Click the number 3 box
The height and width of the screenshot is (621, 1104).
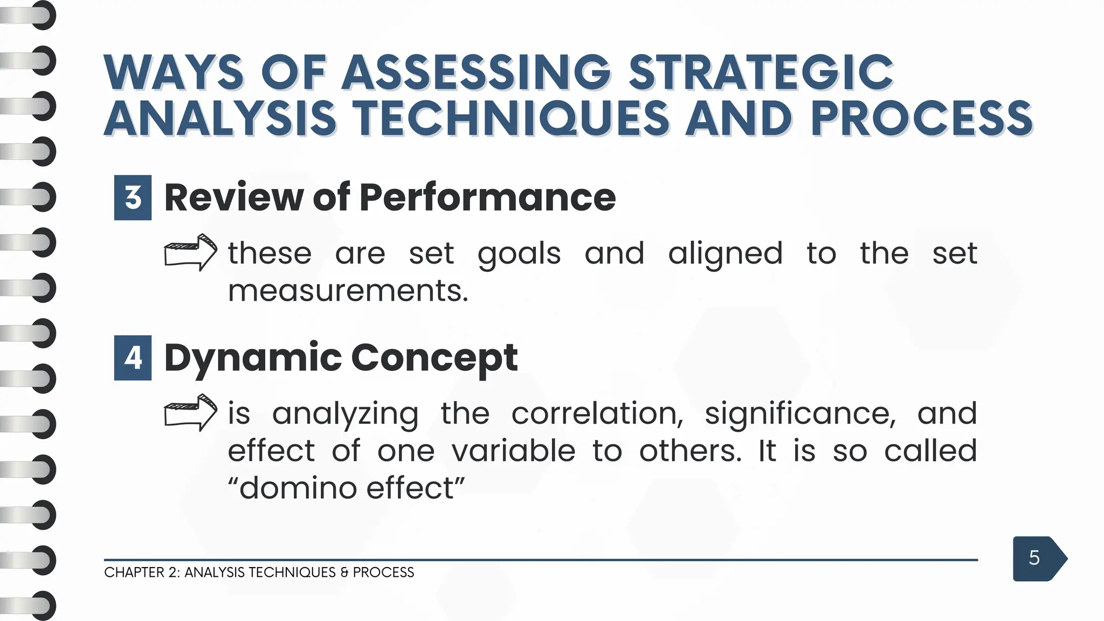tap(133, 198)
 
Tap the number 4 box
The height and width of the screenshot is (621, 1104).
tap(133, 358)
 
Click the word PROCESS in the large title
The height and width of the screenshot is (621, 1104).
tap(921, 119)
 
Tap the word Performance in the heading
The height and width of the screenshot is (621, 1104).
tap(487, 197)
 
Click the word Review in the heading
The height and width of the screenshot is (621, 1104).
tap(234, 197)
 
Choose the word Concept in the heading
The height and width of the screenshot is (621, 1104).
tap(434, 358)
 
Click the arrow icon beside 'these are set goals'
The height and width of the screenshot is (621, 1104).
tap(190, 252)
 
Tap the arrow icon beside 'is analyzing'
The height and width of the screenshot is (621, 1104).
tap(190, 412)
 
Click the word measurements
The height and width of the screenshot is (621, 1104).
tap(348, 291)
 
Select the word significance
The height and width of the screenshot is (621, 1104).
tap(800, 413)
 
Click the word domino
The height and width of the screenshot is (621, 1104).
tap(298, 488)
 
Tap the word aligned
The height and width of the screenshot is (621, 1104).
tap(725, 253)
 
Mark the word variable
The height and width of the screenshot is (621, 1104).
tap(513, 451)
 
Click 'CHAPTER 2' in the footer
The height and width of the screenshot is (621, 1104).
tap(141, 572)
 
